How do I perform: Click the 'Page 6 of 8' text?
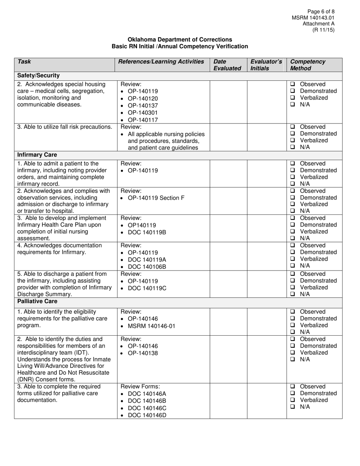coord(320,11)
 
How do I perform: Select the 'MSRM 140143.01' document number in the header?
coord(313,18)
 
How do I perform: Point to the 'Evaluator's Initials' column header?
coord(266,65)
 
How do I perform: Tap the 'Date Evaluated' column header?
coord(227,65)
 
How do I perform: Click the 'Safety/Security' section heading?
coord(38,76)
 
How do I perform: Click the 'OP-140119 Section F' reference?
coord(156,198)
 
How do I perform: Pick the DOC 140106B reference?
coord(147,267)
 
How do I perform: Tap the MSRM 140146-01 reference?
coord(152,326)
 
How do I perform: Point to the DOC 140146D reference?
coord(147,415)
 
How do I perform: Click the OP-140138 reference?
coord(142,353)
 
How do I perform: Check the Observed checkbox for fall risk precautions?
coord(293,127)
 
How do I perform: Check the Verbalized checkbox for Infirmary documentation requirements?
coord(293,259)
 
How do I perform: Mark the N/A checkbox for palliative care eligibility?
coord(293,332)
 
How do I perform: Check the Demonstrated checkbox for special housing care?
coord(293,91)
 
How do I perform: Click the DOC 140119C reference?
coord(147,288)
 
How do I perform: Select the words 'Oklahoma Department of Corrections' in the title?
coord(180,39)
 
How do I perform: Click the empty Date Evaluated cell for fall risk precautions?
coord(229,137)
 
